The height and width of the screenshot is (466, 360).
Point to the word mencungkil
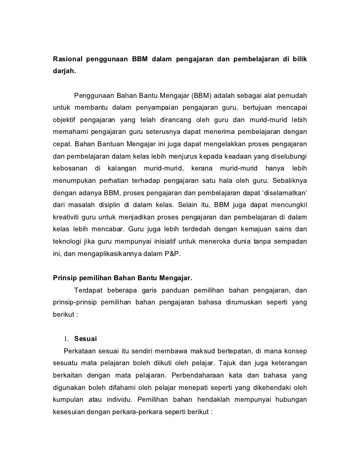point(287,205)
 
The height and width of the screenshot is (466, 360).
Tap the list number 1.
point(65,339)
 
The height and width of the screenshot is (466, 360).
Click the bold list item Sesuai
point(86,339)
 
